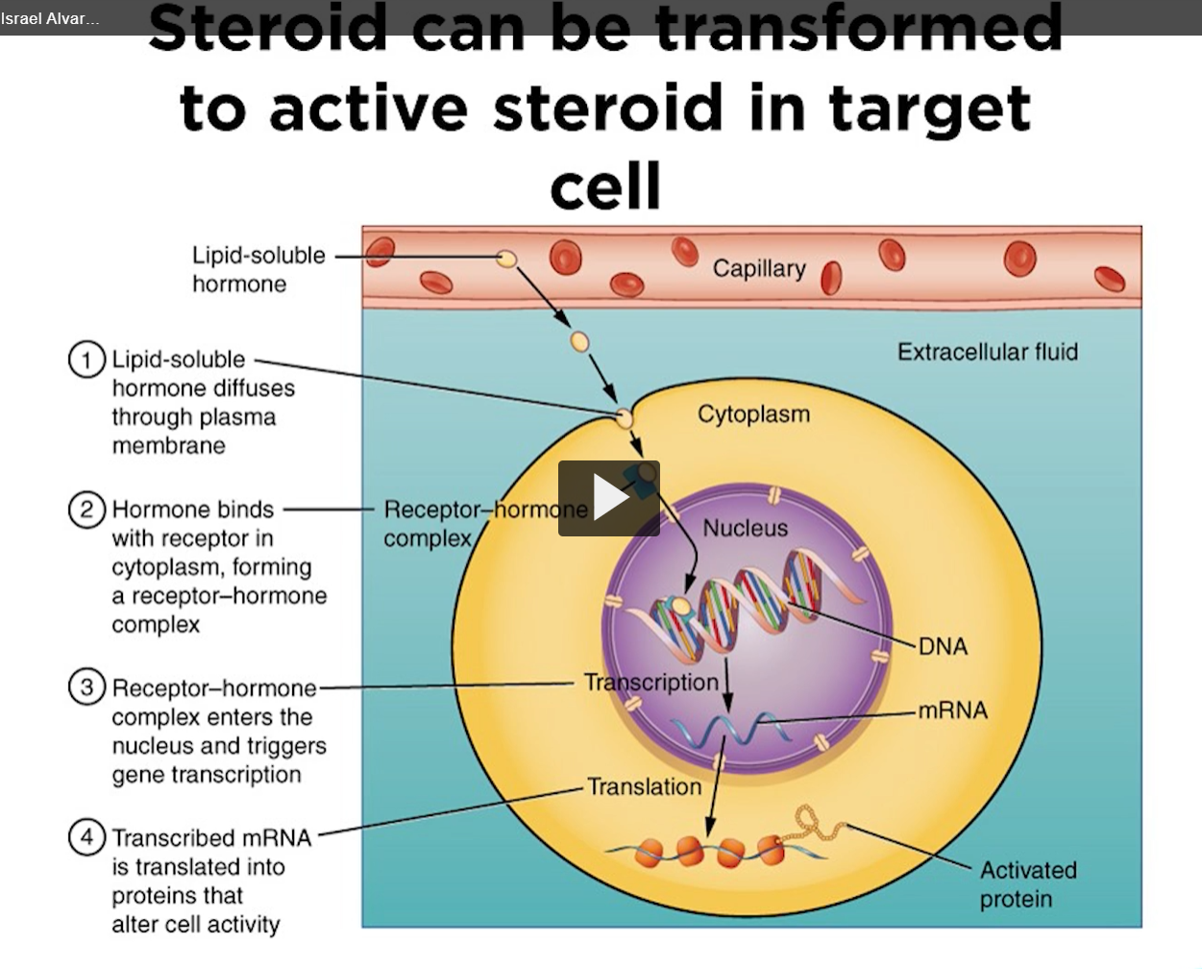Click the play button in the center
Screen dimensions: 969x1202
tap(609, 498)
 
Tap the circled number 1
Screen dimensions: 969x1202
tap(86, 360)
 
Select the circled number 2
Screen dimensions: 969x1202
tap(86, 509)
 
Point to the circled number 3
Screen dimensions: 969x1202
tap(86, 687)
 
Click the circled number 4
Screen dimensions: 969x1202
tap(86, 837)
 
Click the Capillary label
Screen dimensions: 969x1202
tap(759, 268)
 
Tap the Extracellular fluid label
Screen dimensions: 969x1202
tap(987, 352)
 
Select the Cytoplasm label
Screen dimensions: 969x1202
tap(753, 414)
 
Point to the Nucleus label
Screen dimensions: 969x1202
tap(745, 528)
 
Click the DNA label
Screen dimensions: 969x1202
tap(943, 647)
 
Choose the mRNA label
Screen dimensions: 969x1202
tap(952, 710)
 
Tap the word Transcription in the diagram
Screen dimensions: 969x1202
tap(650, 683)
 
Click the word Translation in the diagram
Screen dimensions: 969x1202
tap(645, 787)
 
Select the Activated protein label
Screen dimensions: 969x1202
tap(1027, 884)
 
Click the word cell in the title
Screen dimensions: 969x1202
tap(605, 186)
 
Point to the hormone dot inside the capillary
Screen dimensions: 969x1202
tap(506, 259)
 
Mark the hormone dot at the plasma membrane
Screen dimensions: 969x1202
tap(625, 418)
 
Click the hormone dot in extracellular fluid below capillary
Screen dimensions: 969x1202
tap(579, 341)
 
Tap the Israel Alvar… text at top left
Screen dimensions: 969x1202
tap(50, 18)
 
